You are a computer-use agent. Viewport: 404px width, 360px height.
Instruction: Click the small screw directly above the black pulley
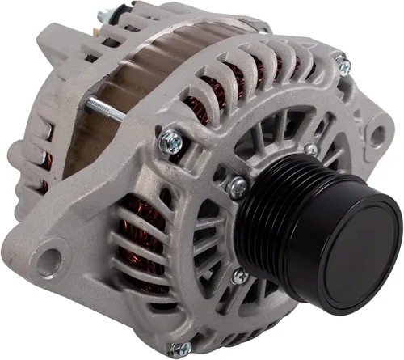click(311, 148)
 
